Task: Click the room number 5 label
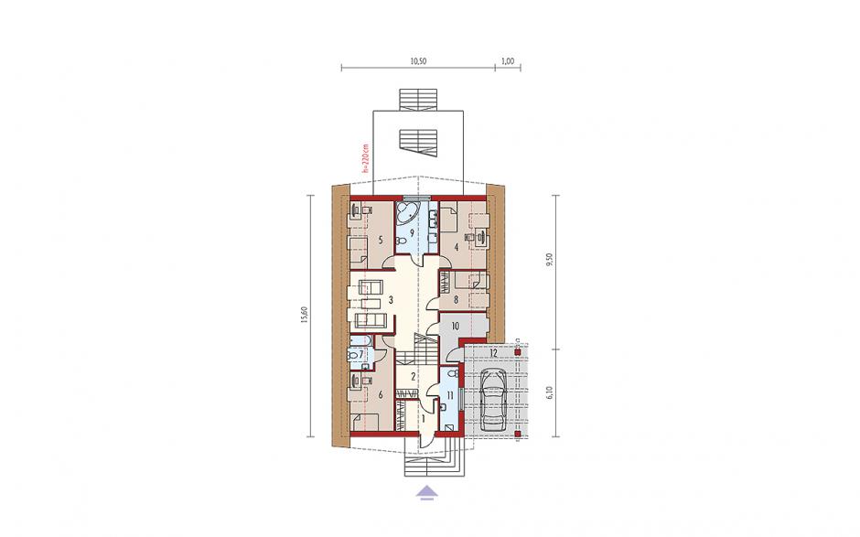click(x=380, y=240)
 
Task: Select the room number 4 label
click(x=457, y=247)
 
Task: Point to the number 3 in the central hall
click(x=391, y=300)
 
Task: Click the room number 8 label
click(x=456, y=300)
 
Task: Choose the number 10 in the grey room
click(x=456, y=327)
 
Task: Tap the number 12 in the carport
click(x=493, y=353)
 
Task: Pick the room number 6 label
click(x=380, y=394)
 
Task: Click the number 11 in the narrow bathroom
click(x=450, y=395)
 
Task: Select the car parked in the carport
click(x=494, y=400)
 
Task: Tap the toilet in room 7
click(x=352, y=356)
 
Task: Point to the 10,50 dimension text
click(x=418, y=61)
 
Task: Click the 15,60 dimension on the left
click(x=304, y=315)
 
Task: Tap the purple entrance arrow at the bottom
click(x=427, y=492)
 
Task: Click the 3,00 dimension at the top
click(x=509, y=61)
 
